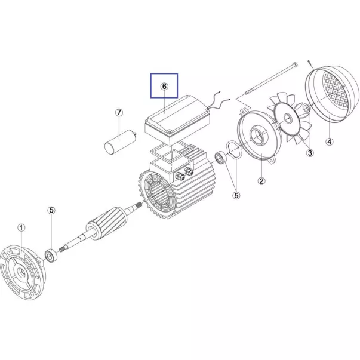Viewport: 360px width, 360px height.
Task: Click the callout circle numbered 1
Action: coord(21,227)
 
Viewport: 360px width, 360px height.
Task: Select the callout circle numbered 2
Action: coord(261,181)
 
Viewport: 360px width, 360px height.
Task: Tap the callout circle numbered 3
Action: coord(310,153)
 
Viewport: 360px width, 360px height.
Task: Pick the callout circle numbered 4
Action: coord(330,141)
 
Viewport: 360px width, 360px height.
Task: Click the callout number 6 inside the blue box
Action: coord(164,87)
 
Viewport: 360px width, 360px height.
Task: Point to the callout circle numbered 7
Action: coord(119,113)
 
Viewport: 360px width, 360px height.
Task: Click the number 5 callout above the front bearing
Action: coord(51,210)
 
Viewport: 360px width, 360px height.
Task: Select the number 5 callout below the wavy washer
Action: coord(236,195)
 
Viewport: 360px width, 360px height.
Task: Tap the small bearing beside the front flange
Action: coord(50,255)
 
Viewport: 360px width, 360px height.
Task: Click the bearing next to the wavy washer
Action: coord(221,158)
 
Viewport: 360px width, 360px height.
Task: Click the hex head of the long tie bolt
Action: coord(295,64)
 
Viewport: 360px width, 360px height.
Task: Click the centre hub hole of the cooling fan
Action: coord(287,118)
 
